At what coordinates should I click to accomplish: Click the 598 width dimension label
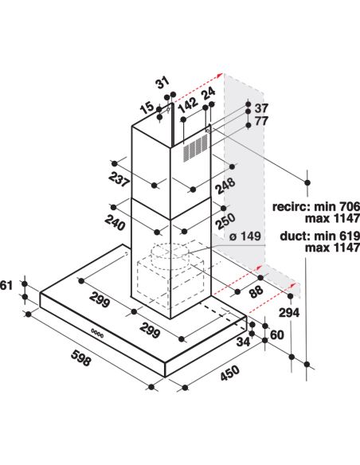coord(81,357)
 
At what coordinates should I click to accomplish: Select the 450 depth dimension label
coord(229,373)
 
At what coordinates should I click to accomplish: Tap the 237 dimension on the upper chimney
coord(119,179)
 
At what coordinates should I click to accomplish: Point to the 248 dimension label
coord(225,185)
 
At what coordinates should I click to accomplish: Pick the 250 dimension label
coord(225,221)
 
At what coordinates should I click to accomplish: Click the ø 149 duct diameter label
coord(245,236)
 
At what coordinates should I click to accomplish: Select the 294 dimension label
coord(289,312)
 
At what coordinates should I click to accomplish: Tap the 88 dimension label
coord(256,291)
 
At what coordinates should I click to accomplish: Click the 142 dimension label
coord(188,104)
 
